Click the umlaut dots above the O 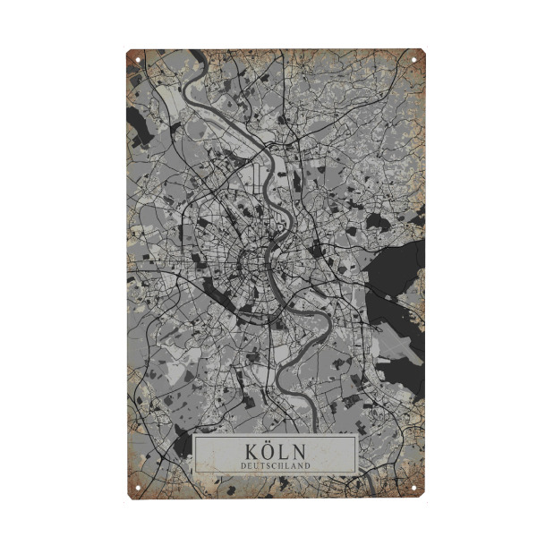pos(267,441)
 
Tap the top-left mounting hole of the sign pos(137,60)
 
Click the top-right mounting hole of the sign pos(414,60)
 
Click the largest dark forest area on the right pos(398,268)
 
